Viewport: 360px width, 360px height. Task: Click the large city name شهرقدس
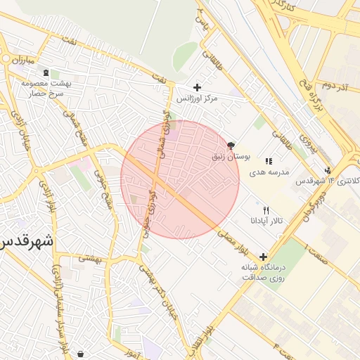(x=27, y=243)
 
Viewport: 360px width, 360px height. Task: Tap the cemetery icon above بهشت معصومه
(x=46, y=73)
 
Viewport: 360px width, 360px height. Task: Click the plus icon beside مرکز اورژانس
(x=197, y=87)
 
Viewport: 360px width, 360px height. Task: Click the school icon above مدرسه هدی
(x=269, y=161)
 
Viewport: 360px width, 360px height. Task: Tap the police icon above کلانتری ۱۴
(x=327, y=169)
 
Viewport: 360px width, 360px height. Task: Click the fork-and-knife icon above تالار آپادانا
(x=265, y=210)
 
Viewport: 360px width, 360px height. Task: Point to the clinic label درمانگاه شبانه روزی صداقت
(x=262, y=272)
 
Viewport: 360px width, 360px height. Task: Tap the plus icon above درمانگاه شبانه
(x=263, y=257)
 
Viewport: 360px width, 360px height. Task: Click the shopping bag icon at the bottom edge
(x=79, y=354)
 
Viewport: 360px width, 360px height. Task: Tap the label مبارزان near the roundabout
(x=21, y=60)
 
